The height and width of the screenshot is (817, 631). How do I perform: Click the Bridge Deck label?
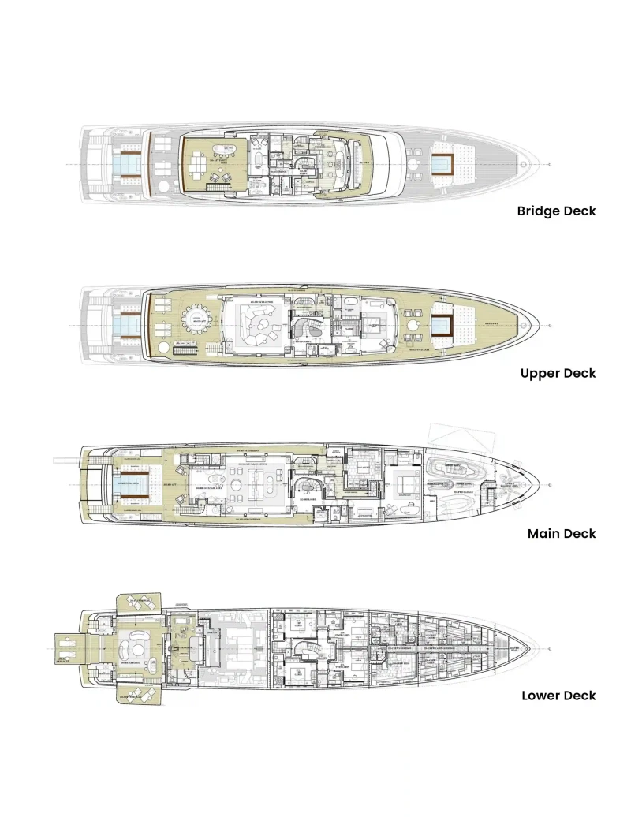(556, 211)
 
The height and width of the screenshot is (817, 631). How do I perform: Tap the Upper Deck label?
(558, 373)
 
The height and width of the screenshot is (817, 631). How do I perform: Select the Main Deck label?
(561, 534)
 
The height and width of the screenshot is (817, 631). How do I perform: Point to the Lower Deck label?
(558, 696)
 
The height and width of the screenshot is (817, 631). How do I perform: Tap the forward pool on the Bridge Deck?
(443, 164)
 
